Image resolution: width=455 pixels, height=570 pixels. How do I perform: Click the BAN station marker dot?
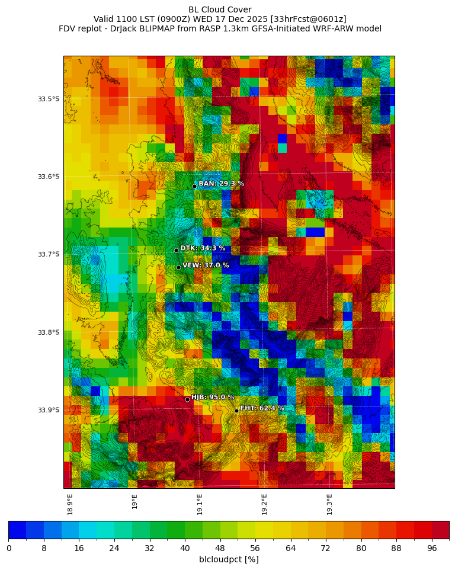point(194,186)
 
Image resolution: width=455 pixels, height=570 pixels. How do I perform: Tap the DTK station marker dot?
point(176,250)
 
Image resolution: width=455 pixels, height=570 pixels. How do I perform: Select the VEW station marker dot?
point(178,267)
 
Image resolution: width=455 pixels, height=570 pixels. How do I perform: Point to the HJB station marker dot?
point(187,399)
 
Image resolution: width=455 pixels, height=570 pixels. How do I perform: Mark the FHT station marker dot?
point(236,411)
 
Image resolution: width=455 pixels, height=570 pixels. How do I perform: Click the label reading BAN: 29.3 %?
point(221,184)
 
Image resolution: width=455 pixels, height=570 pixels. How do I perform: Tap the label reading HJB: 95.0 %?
point(212,397)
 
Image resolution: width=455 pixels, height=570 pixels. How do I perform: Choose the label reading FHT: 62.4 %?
point(262,408)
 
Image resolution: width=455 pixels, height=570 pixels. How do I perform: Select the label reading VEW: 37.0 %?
point(206,265)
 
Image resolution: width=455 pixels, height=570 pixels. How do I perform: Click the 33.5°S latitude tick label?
point(49,99)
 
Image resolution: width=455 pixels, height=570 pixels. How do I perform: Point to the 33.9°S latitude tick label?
point(49,410)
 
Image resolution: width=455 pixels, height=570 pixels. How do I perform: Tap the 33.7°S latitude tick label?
point(49,254)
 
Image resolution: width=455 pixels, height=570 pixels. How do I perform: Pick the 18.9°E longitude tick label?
point(70,504)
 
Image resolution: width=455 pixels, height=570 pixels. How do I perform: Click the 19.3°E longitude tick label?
point(329,504)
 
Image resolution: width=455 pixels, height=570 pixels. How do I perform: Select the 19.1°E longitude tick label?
point(200,504)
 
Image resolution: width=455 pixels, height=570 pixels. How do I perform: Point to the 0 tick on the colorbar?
point(9,548)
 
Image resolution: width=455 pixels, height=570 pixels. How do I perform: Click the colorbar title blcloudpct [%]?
point(229,559)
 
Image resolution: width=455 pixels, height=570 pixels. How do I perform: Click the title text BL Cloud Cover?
point(220,9)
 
